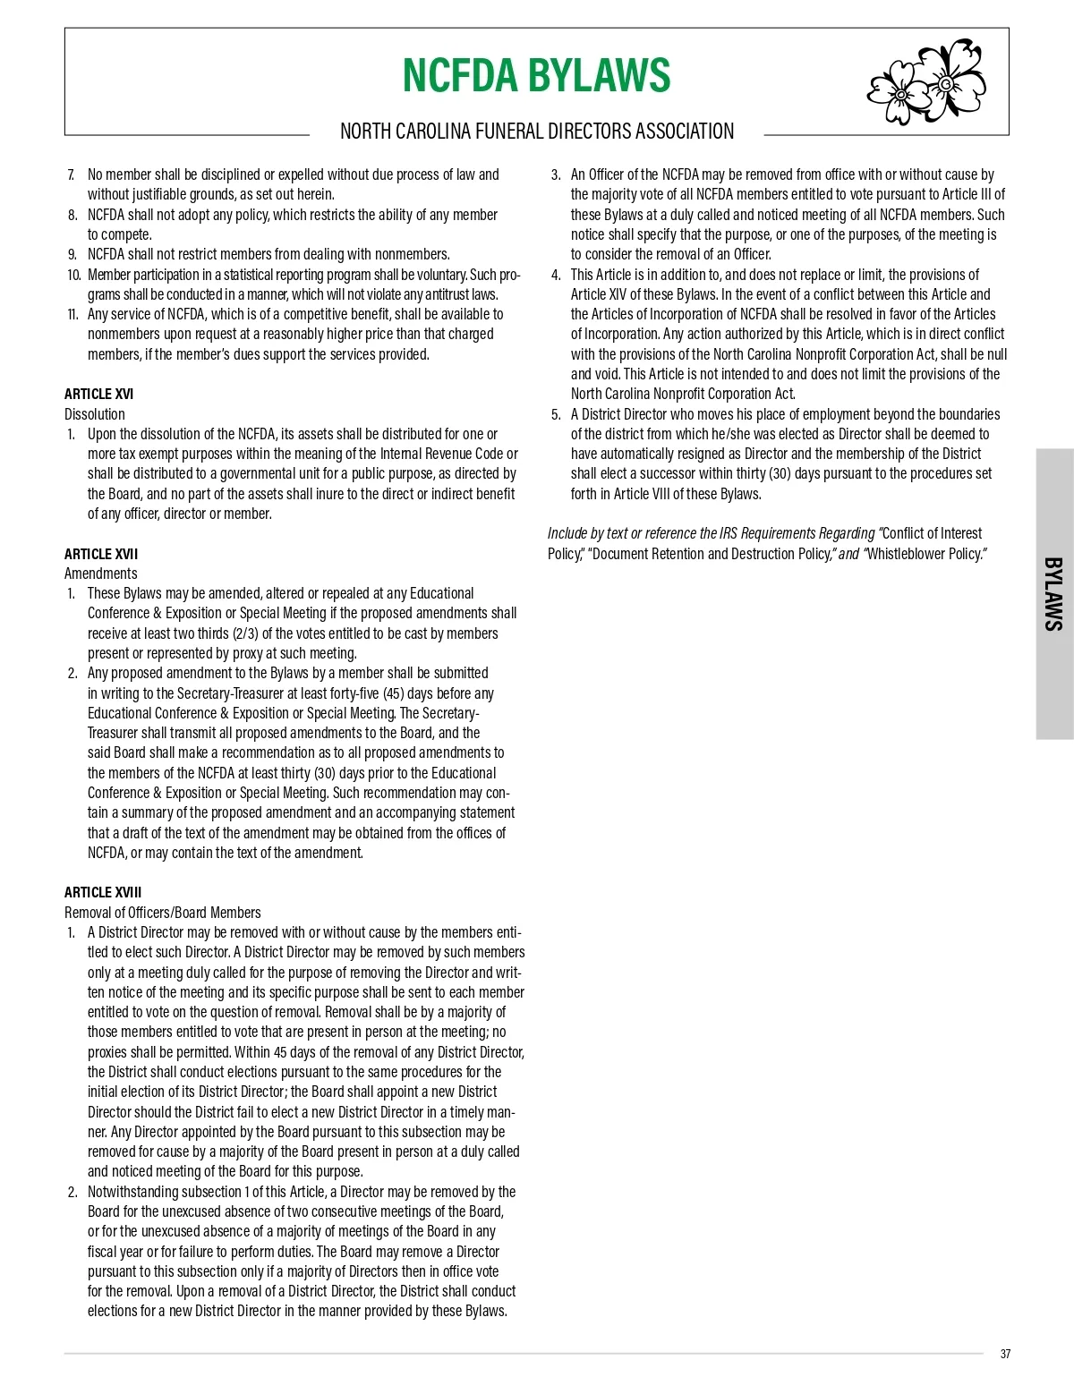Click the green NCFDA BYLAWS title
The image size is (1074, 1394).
536,75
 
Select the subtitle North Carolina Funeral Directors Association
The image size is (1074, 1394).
536,132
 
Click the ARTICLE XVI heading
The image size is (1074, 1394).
98,394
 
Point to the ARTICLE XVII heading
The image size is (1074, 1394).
101,554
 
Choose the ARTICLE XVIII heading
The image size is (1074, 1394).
103,892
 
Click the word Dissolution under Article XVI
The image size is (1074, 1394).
95,414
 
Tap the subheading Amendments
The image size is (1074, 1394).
101,574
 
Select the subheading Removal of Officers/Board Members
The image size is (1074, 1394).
163,913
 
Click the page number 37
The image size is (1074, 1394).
1005,1354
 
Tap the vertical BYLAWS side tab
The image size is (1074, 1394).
1054,594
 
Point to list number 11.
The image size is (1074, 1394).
72,314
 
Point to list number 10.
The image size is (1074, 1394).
73,275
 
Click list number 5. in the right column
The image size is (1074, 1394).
556,414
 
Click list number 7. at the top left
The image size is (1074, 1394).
72,174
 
